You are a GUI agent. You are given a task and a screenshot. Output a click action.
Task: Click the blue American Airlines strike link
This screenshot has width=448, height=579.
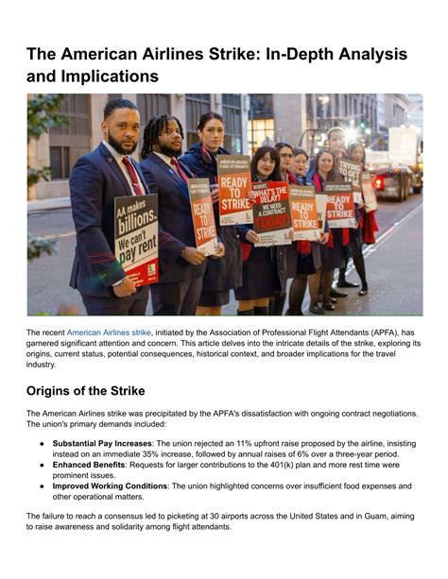click(x=109, y=332)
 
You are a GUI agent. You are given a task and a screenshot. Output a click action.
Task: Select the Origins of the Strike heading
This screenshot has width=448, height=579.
click(x=97, y=390)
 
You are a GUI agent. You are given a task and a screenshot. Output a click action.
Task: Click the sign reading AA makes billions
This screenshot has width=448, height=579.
click(x=136, y=239)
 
